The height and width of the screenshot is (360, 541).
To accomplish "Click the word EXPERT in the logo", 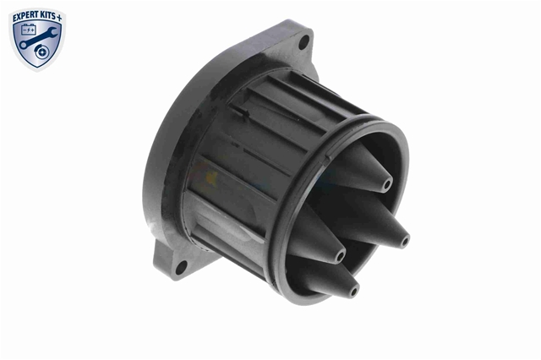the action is [26, 16].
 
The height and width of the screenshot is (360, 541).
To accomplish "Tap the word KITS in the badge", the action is [49, 16].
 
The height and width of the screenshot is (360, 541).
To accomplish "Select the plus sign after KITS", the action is [60, 18].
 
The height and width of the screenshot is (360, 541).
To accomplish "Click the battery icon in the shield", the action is [28, 30].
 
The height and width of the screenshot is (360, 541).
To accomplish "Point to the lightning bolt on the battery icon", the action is [29, 30].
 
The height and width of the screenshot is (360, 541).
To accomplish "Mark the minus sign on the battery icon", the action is [25, 30].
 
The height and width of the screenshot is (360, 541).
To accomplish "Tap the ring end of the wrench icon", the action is [23, 45].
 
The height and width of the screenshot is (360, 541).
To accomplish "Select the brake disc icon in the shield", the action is [42, 52].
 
